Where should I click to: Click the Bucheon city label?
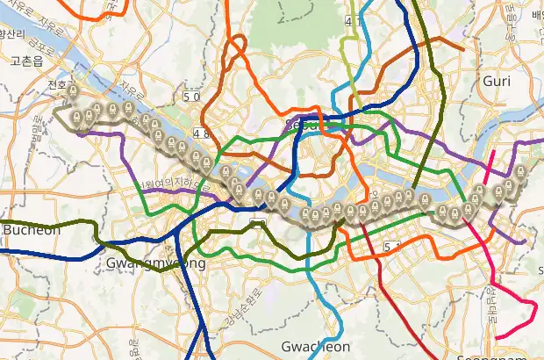(32, 230)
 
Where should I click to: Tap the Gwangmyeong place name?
(155, 263)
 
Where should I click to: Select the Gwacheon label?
(317, 347)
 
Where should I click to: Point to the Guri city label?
(497, 81)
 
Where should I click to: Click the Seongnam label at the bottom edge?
(486, 355)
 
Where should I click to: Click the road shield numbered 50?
(192, 96)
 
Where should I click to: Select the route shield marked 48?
(202, 133)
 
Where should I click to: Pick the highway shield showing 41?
(354, 20)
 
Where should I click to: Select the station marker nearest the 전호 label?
(75, 92)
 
